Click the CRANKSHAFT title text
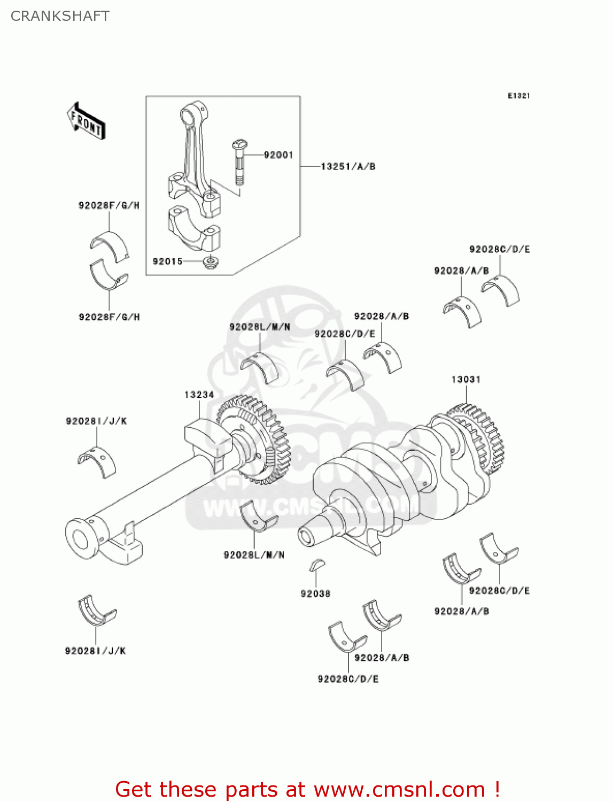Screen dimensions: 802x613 tap(60, 16)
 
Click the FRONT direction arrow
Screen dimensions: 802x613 tap(86, 121)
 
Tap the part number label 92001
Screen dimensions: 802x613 tap(278, 155)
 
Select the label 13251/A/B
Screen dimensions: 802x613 tap(348, 166)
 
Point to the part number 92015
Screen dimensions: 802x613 tap(167, 261)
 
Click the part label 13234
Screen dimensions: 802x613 tap(199, 395)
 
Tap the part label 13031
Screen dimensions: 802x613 tap(465, 380)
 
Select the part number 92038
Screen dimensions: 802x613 tap(315, 593)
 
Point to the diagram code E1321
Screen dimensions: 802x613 tap(518, 96)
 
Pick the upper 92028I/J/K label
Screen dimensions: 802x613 tap(96, 421)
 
